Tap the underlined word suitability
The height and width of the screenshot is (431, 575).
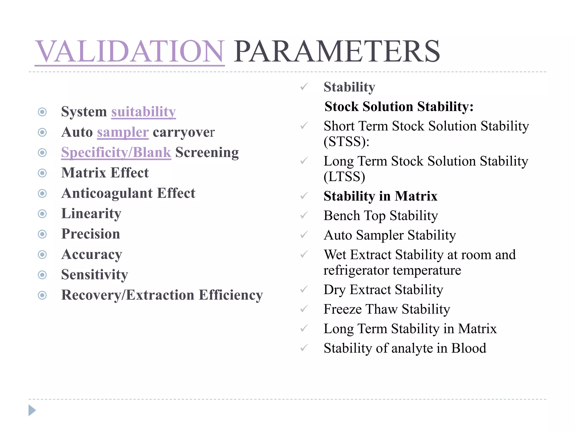pos(143,112)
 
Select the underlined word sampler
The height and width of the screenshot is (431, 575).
pos(123,132)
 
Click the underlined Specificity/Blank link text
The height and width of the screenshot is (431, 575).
pos(116,152)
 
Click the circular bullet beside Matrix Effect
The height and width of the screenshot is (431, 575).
pos(42,173)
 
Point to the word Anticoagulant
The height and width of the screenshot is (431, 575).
pos(107,193)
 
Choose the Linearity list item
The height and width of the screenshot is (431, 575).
pos(91,214)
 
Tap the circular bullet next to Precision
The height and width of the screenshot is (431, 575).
pos(42,234)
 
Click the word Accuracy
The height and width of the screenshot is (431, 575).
pos(92,255)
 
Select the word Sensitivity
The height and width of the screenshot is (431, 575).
pos(95,275)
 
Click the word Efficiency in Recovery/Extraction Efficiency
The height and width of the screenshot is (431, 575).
pos(231,295)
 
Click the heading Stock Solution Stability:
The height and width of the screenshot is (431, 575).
pos(399,107)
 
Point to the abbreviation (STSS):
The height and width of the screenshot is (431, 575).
pos(346,141)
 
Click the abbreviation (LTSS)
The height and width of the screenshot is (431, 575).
pos(344,177)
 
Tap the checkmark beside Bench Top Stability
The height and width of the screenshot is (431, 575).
pos(304,215)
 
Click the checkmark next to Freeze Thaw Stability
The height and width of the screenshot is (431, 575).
pos(304,309)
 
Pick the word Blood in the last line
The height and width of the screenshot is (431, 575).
pos(469,348)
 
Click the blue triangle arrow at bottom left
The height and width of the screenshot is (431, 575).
pos(32,410)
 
